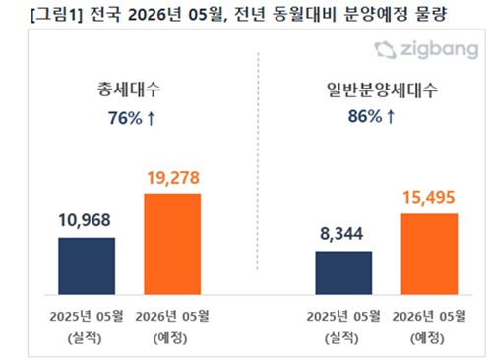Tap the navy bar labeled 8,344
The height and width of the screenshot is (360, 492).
tap(343, 272)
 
